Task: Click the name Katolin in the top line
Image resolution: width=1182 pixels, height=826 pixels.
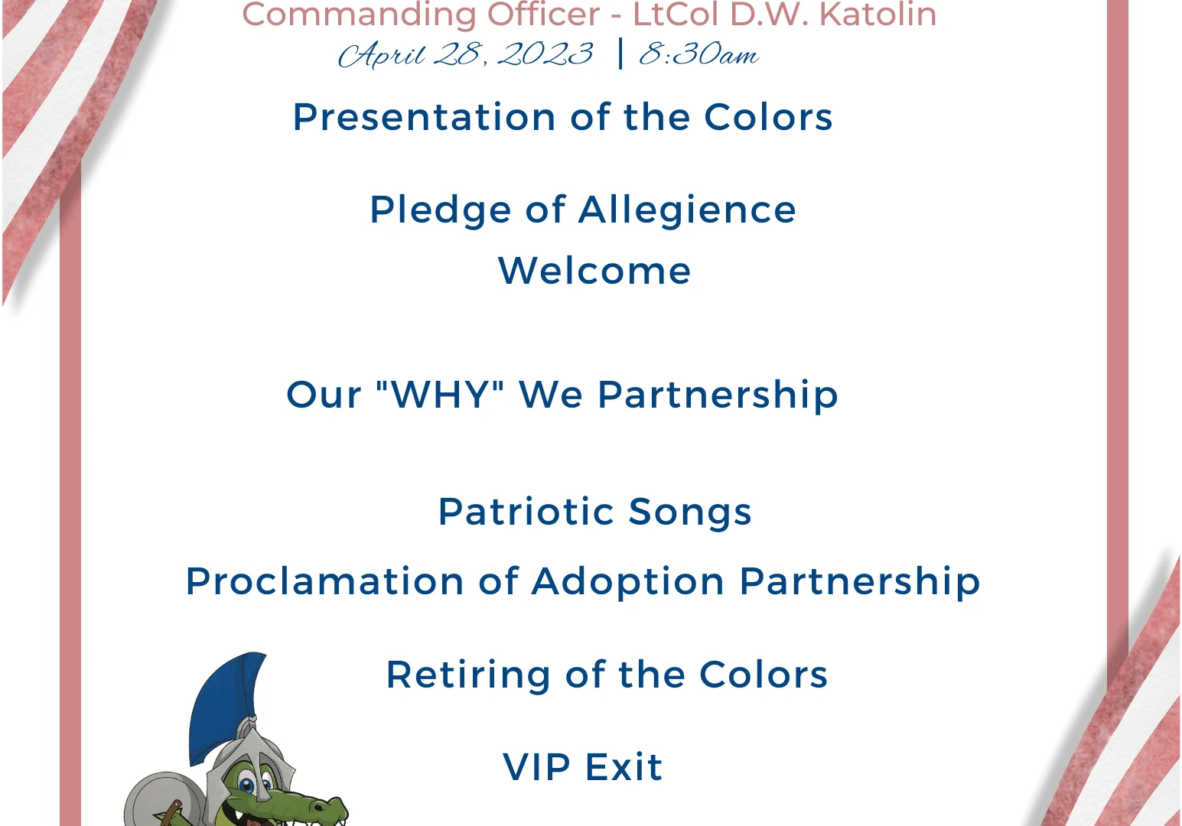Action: coord(878,14)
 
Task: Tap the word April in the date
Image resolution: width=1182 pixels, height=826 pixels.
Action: coord(382,55)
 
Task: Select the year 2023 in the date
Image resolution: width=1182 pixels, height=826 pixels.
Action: coord(545,54)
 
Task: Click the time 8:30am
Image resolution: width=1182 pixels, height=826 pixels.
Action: coord(699,54)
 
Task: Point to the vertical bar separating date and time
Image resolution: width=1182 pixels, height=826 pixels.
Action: coord(620,54)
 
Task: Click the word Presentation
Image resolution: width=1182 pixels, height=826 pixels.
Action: coord(425,117)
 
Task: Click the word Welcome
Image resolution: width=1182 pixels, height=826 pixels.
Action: coord(594,271)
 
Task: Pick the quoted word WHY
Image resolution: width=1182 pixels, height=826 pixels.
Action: coord(441,395)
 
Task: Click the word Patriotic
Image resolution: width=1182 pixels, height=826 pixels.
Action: coord(526,512)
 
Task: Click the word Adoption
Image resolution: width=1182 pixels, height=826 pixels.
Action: coord(628,582)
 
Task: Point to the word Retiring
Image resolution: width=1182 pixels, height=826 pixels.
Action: coord(468,676)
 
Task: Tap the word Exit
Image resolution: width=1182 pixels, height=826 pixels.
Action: coord(624,767)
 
